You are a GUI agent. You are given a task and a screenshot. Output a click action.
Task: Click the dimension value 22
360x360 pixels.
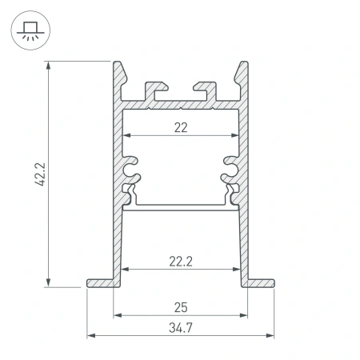[x=180, y=126]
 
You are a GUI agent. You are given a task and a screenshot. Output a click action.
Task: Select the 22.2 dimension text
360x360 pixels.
[x=180, y=260]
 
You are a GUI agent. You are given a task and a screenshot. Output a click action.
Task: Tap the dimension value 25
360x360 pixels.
[x=180, y=307]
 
